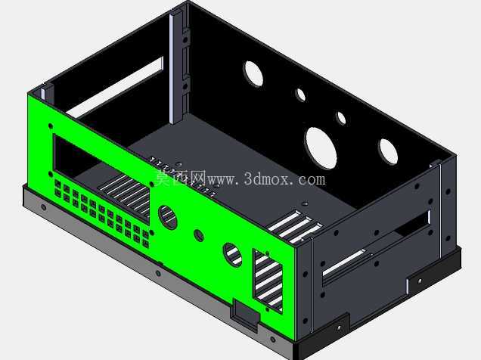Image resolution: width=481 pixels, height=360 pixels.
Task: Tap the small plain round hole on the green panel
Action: coord(199,235)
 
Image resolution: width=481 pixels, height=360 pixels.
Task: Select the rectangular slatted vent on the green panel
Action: coord(268,281)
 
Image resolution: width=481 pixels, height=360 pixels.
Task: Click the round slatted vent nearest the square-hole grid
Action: coord(167,217)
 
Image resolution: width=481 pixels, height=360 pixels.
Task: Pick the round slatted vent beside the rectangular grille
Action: coord(232,255)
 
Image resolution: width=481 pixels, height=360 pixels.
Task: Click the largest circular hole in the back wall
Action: coord(321,148)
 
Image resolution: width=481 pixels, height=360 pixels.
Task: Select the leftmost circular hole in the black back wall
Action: coord(253,73)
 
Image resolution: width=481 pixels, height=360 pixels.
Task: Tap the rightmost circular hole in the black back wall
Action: coord(389,151)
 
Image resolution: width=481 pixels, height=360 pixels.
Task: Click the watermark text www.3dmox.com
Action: coord(266,179)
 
